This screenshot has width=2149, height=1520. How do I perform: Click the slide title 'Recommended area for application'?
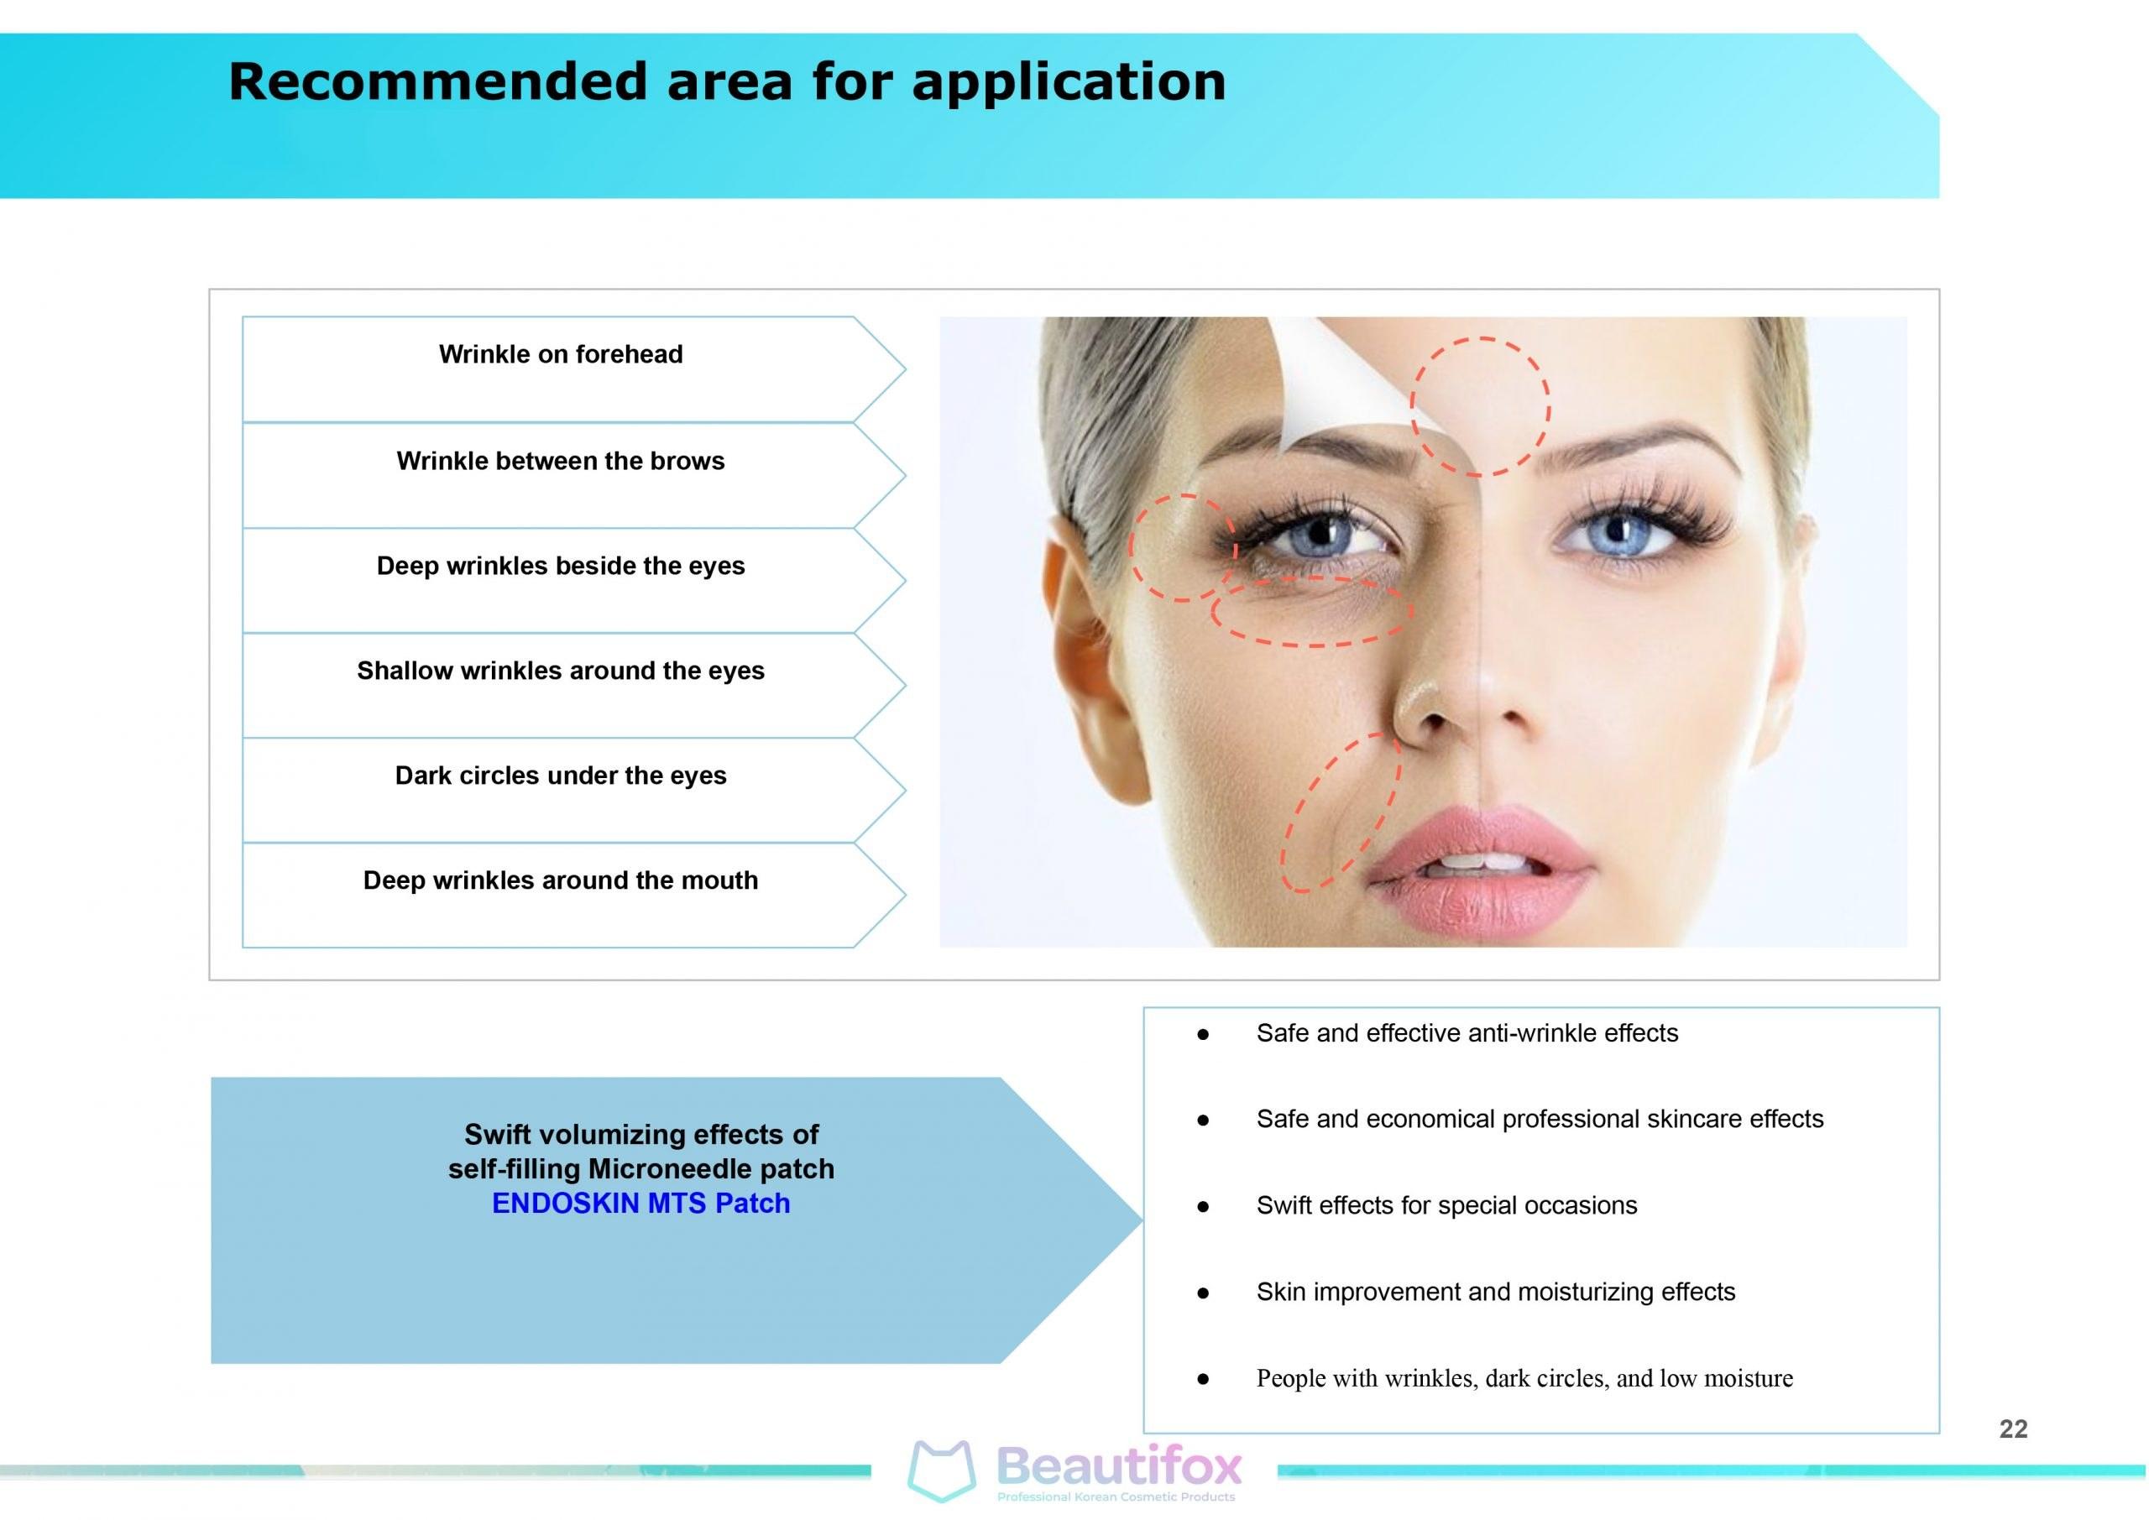click(727, 81)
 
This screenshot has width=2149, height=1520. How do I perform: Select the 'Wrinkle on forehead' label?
click(561, 355)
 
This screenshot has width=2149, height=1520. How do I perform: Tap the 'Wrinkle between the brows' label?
click(561, 462)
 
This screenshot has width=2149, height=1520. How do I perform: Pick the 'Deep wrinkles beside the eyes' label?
click(561, 567)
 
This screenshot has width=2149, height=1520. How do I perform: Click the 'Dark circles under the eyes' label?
click(561, 776)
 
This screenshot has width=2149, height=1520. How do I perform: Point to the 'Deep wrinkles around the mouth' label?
click(561, 880)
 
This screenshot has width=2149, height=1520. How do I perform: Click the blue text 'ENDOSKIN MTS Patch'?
click(641, 1204)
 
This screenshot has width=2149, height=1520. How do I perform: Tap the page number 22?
click(2013, 1429)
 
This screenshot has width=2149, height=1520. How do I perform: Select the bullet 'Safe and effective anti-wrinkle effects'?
click(1467, 1033)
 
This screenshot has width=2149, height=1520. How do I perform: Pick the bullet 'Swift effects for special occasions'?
click(1446, 1205)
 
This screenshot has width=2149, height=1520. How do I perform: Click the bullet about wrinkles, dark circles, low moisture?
click(1524, 1377)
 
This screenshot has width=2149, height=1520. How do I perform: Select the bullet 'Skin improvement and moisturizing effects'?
click(1495, 1292)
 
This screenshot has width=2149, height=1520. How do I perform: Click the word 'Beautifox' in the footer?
click(1120, 1465)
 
